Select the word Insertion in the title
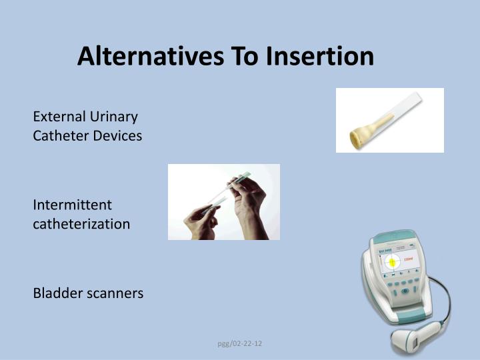[320, 56]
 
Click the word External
[57, 117]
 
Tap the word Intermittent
[73, 205]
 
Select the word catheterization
[81, 224]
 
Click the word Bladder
[57, 293]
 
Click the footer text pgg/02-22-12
[241, 343]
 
